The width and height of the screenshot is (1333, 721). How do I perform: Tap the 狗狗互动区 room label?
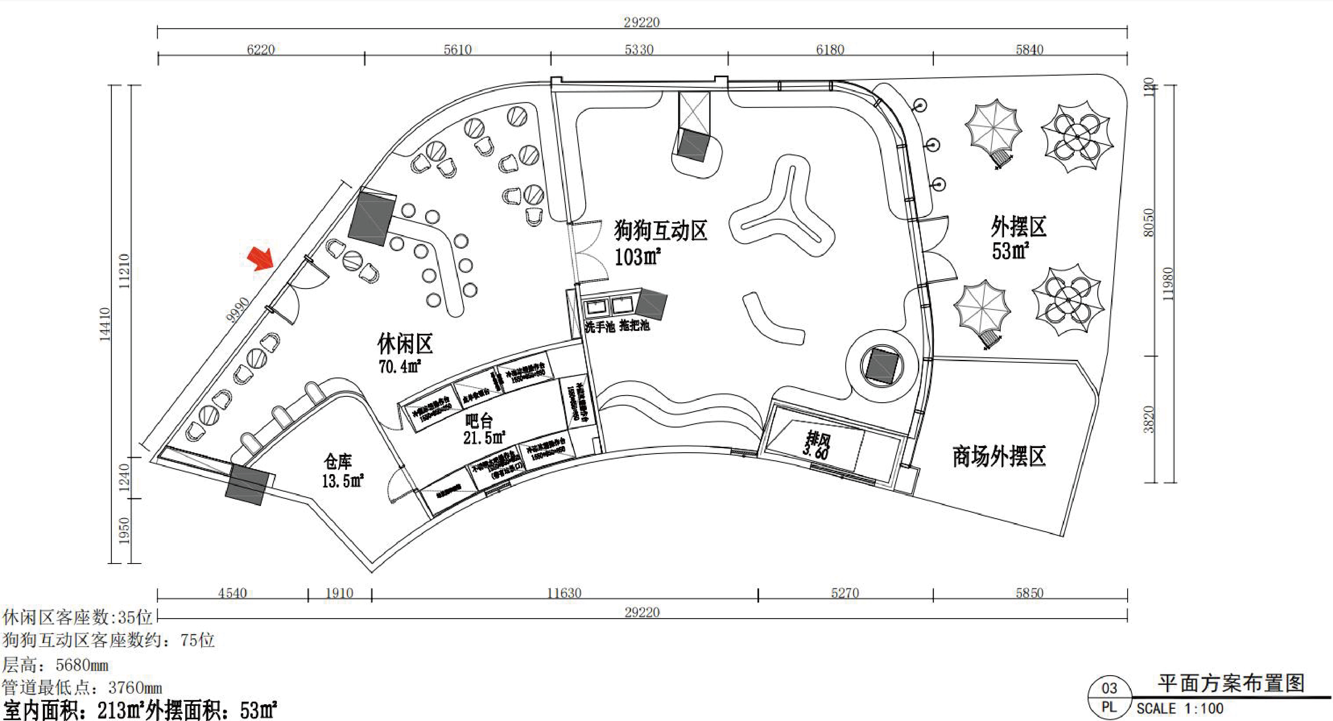pyautogui.click(x=661, y=230)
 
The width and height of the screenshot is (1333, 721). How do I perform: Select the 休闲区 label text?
pyautogui.click(x=405, y=343)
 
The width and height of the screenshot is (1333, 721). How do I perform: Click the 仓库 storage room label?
pyautogui.click(x=338, y=461)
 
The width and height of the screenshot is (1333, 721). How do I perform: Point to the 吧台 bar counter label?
pyautogui.click(x=479, y=420)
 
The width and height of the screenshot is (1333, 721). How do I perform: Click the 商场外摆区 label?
pyautogui.click(x=999, y=456)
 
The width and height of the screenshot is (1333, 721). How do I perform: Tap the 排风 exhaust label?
pyautogui.click(x=817, y=440)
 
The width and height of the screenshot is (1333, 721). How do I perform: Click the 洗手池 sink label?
pyautogui.click(x=600, y=327)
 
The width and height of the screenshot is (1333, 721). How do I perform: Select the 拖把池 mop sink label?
pyautogui.click(x=634, y=325)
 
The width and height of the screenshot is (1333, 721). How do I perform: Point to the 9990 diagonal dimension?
pyautogui.click(x=238, y=309)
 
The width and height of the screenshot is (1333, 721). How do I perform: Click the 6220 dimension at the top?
pyautogui.click(x=260, y=50)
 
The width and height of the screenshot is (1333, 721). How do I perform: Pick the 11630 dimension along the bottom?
pyautogui.click(x=564, y=593)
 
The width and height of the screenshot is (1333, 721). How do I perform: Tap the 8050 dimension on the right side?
pyautogui.click(x=1148, y=223)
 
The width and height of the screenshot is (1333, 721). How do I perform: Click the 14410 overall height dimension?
pyautogui.click(x=105, y=324)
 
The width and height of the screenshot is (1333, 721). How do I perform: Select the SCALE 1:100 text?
pyautogui.click(x=1180, y=708)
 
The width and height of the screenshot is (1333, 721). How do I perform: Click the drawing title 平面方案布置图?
pyautogui.click(x=1231, y=683)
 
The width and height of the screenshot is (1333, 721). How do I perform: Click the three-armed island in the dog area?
pyautogui.click(x=782, y=212)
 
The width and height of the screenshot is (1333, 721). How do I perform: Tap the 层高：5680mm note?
pyautogui.click(x=55, y=665)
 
